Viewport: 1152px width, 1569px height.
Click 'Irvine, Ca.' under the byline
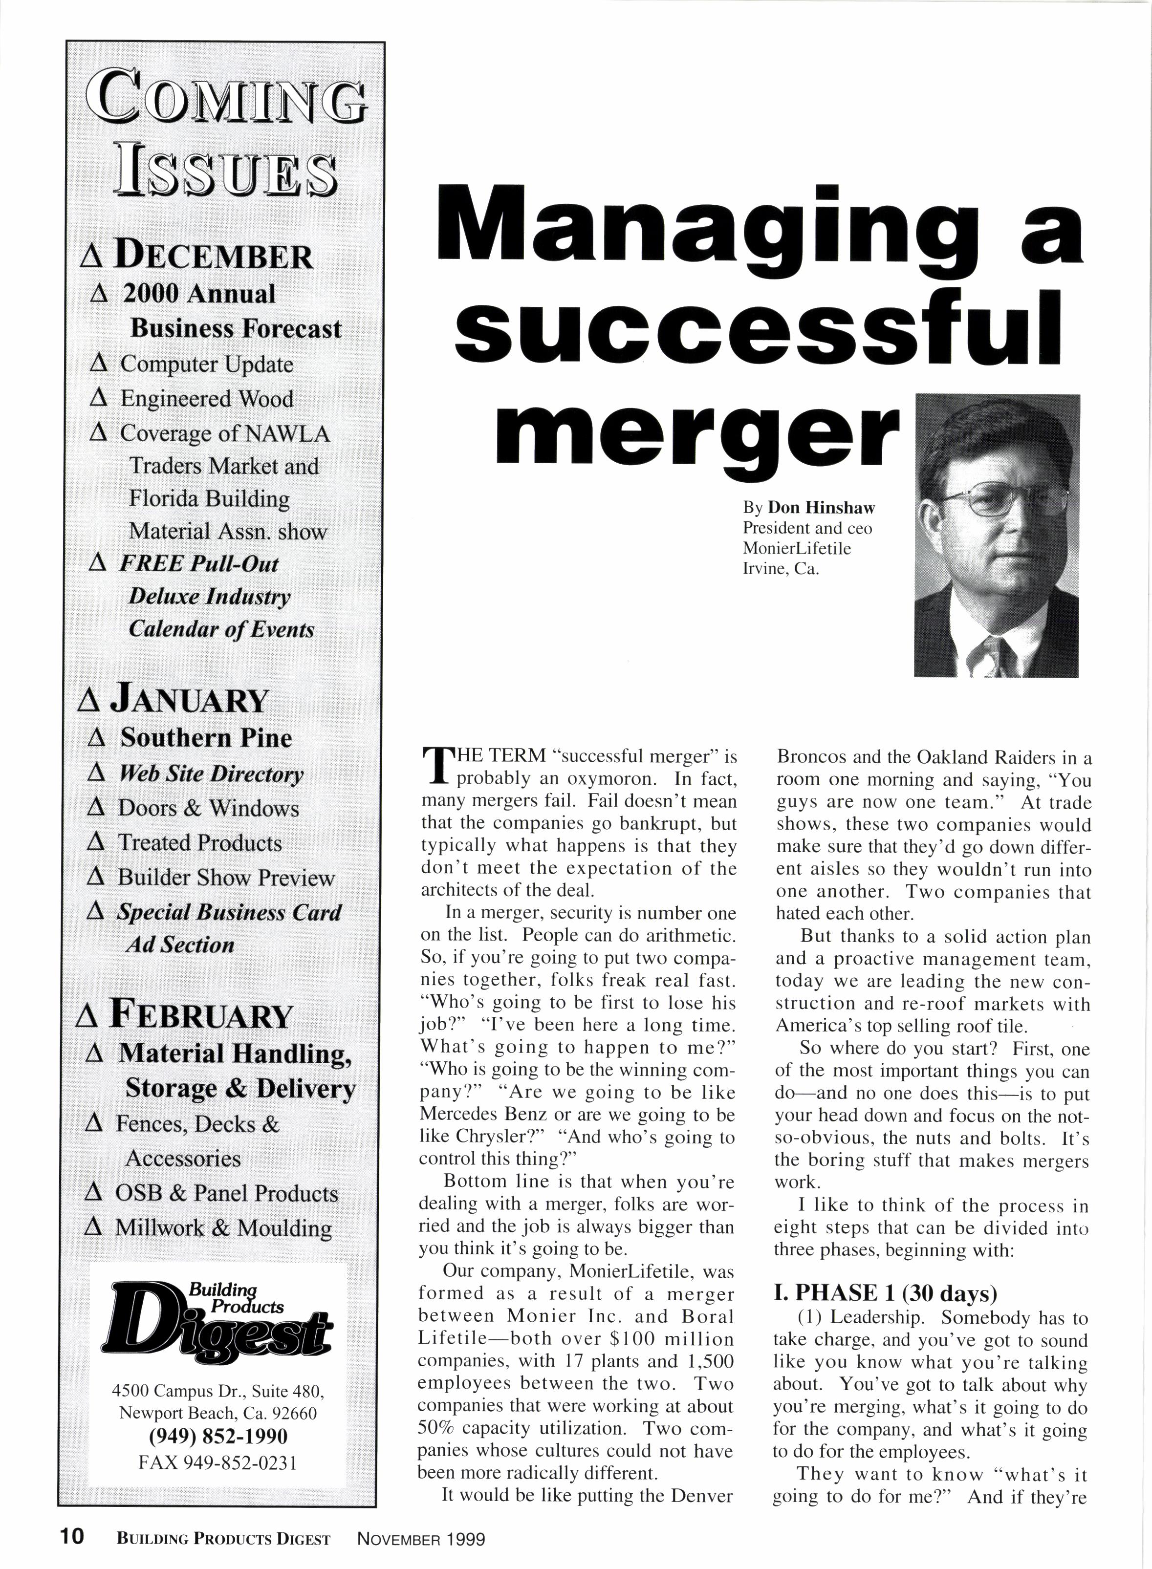coord(781,568)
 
